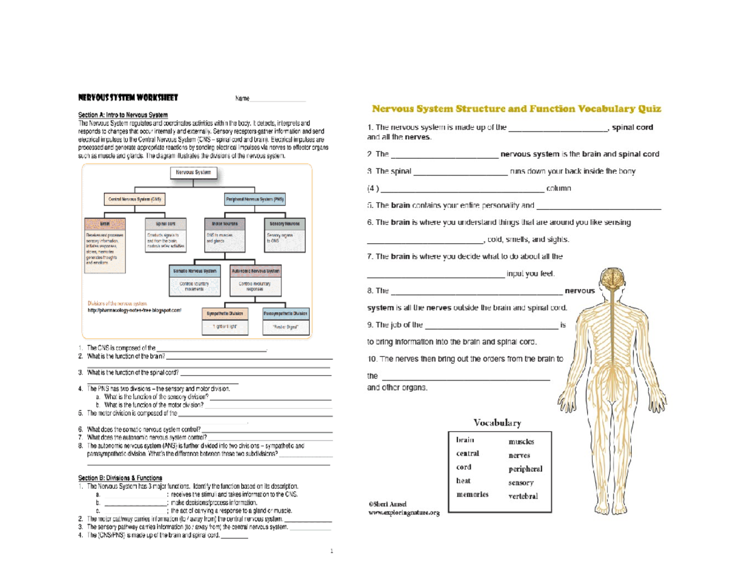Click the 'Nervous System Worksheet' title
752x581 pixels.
click(128, 98)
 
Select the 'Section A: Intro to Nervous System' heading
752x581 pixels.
click(123, 115)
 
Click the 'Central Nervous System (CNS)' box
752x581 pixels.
click(135, 199)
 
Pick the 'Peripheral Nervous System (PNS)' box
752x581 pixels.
click(254, 199)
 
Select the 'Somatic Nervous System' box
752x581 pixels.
click(196, 271)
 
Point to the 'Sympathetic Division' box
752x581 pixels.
click(226, 313)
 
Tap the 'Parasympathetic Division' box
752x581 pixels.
click(286, 313)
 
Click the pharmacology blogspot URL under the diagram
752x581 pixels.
click(134, 310)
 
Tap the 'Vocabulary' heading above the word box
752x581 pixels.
click(497, 422)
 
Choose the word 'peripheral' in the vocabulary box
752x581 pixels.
click(525, 469)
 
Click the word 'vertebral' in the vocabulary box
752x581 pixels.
click(523, 496)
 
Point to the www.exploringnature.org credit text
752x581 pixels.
click(404, 513)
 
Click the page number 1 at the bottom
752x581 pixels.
click(332, 552)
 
